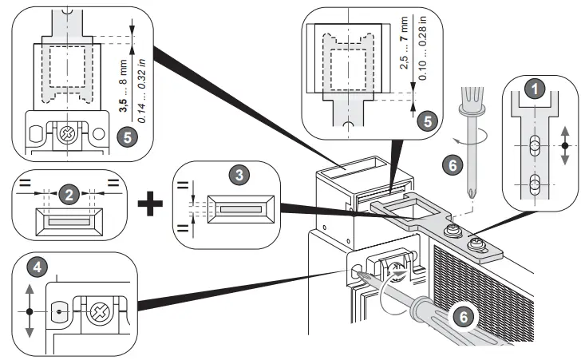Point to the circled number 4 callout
[34, 263]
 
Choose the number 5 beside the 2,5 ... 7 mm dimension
[428, 121]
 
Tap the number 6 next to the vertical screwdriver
[451, 164]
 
